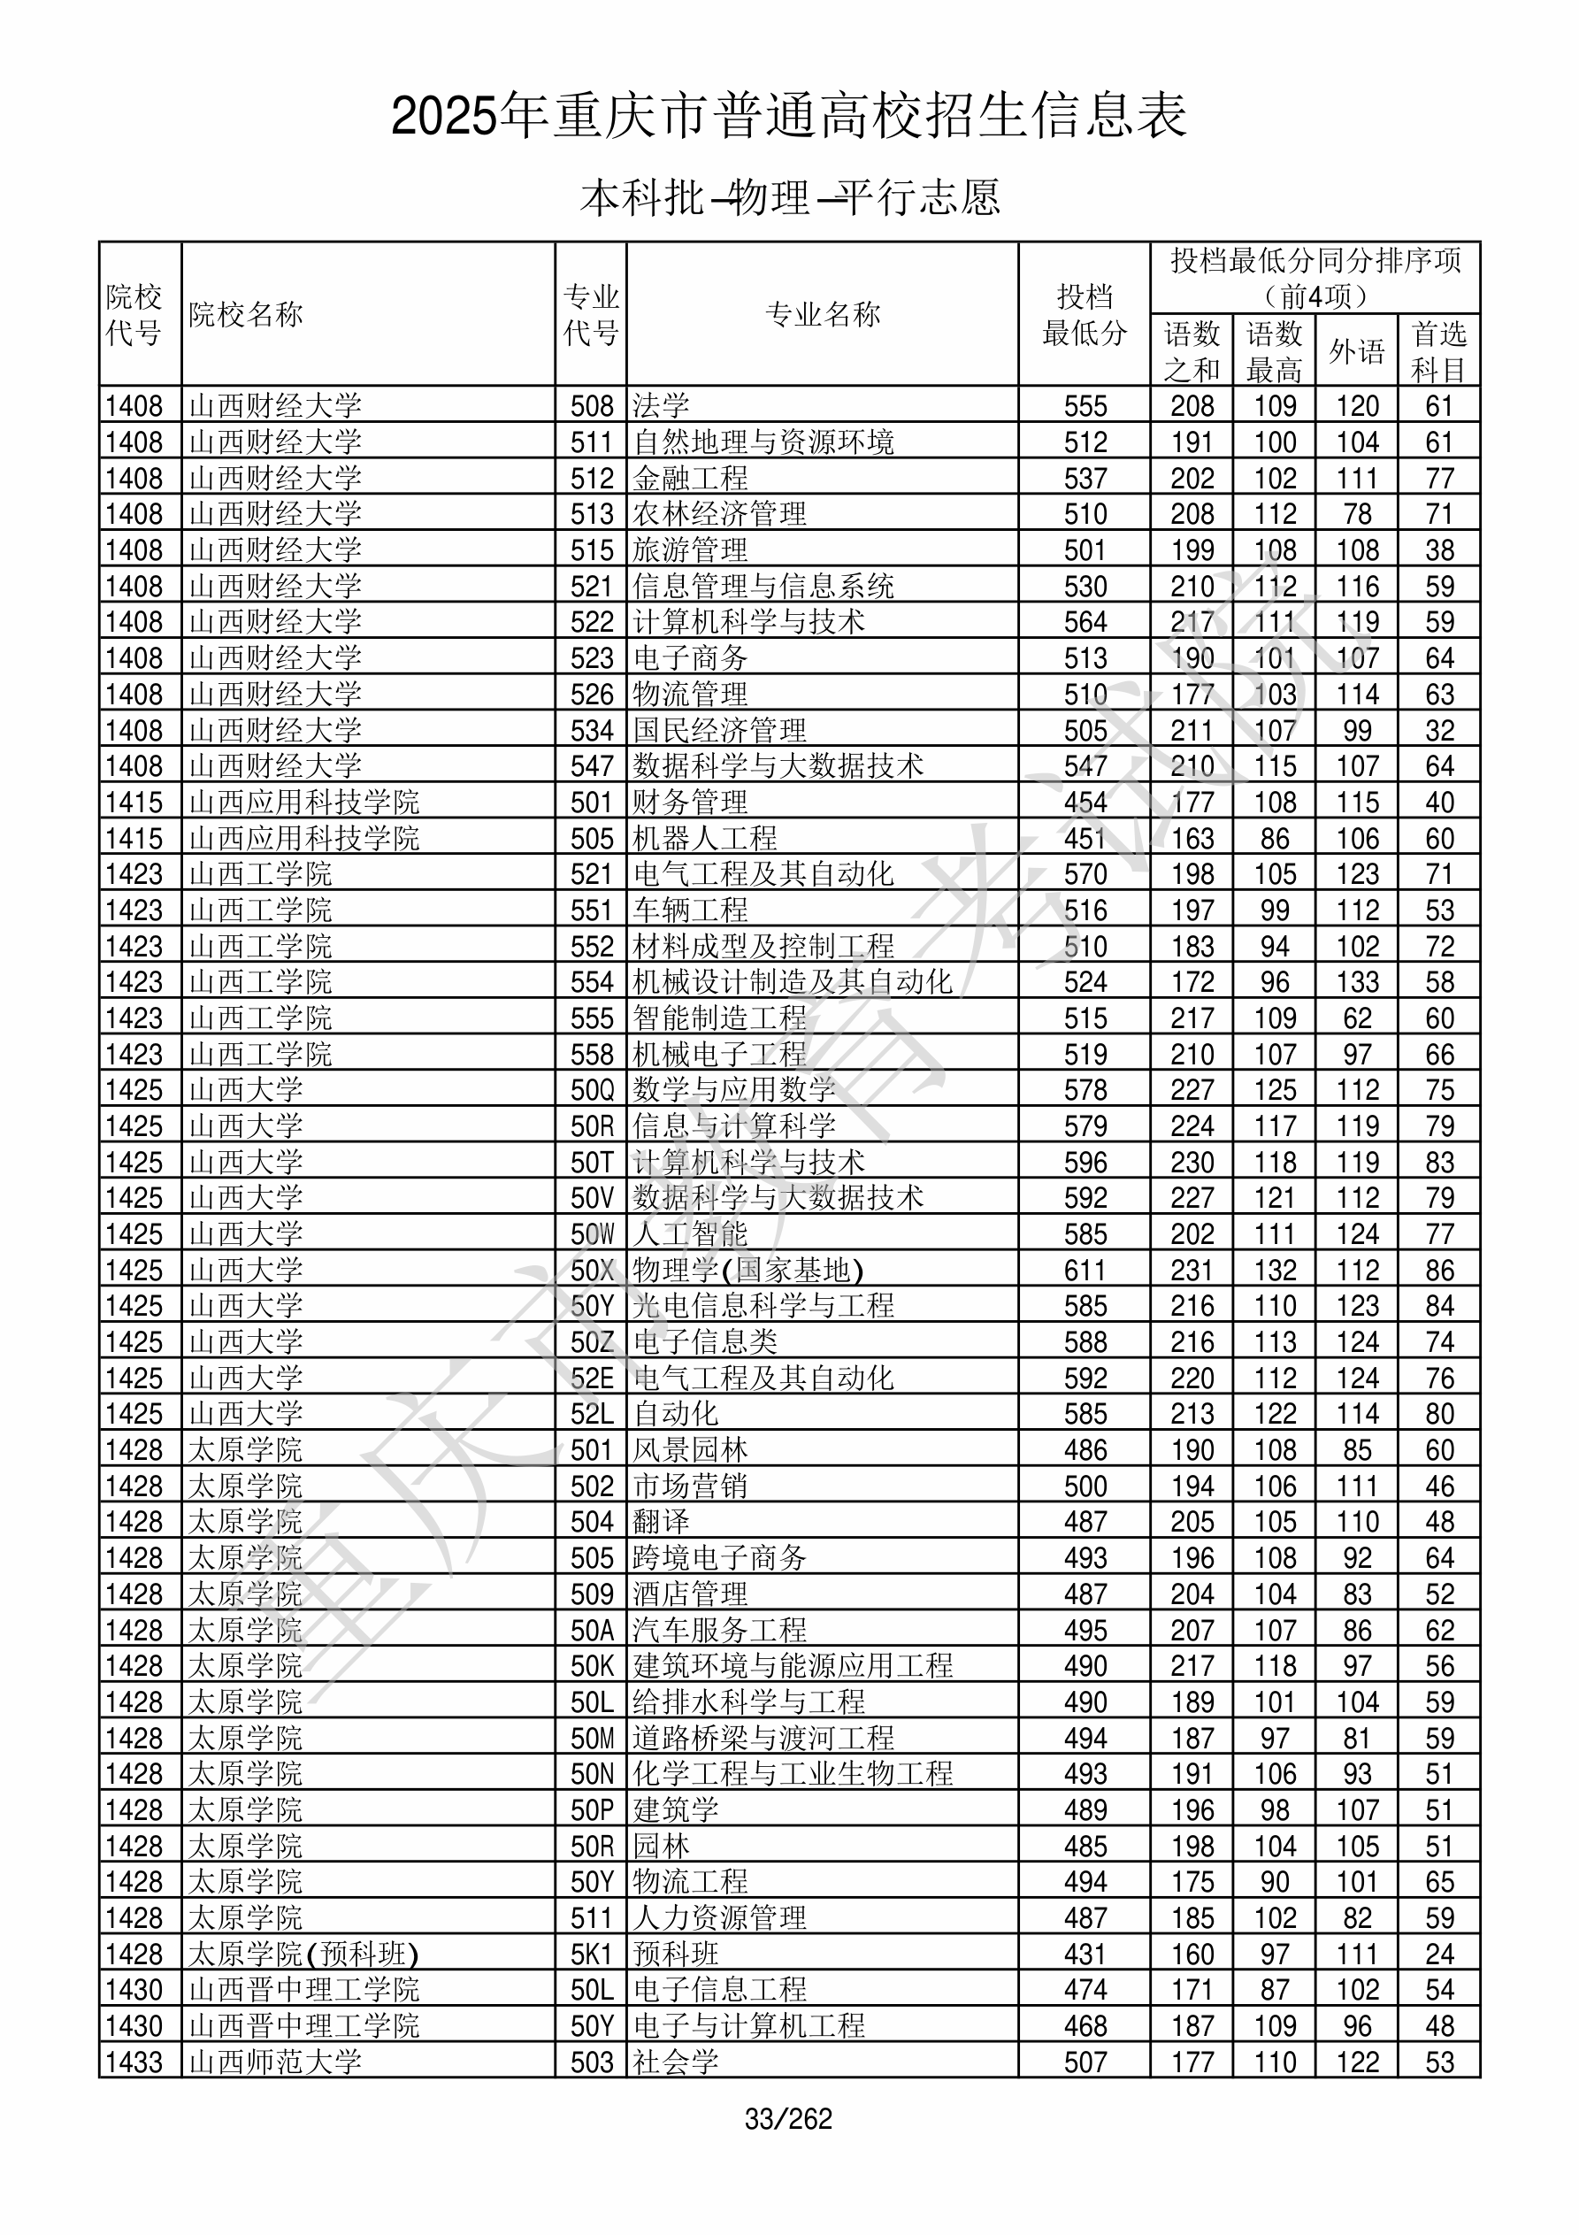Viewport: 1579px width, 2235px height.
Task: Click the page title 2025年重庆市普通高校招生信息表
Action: tap(788, 117)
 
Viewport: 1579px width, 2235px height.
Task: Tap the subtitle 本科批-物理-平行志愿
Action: tap(788, 197)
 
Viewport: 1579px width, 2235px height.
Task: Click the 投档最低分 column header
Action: tap(1084, 314)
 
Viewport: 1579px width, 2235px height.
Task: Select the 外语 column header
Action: tap(1356, 350)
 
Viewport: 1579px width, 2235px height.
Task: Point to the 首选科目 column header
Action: tap(1439, 350)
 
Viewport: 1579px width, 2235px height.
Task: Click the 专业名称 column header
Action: tap(823, 314)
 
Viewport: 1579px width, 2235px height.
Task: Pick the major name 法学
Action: tap(661, 405)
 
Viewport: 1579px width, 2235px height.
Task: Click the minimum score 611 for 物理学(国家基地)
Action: tap(1085, 1271)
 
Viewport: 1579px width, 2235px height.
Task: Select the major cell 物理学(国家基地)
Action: tap(747, 1271)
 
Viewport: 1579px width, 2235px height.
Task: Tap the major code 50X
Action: tap(592, 1271)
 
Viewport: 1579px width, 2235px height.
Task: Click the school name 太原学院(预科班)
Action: tap(303, 1955)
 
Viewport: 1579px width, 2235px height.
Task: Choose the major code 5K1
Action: tap(592, 1955)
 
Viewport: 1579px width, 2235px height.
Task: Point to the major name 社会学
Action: tap(676, 2062)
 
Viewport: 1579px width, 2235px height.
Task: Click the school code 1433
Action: tap(134, 2062)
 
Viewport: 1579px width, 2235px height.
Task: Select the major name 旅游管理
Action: tap(690, 550)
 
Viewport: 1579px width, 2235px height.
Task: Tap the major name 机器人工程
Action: tap(705, 838)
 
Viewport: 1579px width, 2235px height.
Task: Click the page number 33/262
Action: tap(788, 2119)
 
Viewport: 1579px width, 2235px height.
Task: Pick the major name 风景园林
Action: tap(690, 1450)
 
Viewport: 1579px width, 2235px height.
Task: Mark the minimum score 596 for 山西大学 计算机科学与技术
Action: tap(1085, 1163)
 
